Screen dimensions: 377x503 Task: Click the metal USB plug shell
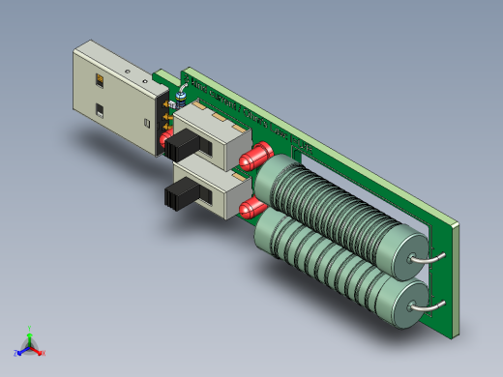tap(111, 92)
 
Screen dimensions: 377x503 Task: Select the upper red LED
tap(257, 155)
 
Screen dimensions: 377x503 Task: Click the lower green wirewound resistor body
tap(329, 261)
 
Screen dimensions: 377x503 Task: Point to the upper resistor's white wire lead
tap(427, 258)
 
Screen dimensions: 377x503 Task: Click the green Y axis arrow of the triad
tap(30, 332)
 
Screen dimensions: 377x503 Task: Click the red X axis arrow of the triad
tap(40, 352)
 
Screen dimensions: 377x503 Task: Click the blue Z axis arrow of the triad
tap(20, 351)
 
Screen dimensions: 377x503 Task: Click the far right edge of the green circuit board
tap(455, 280)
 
